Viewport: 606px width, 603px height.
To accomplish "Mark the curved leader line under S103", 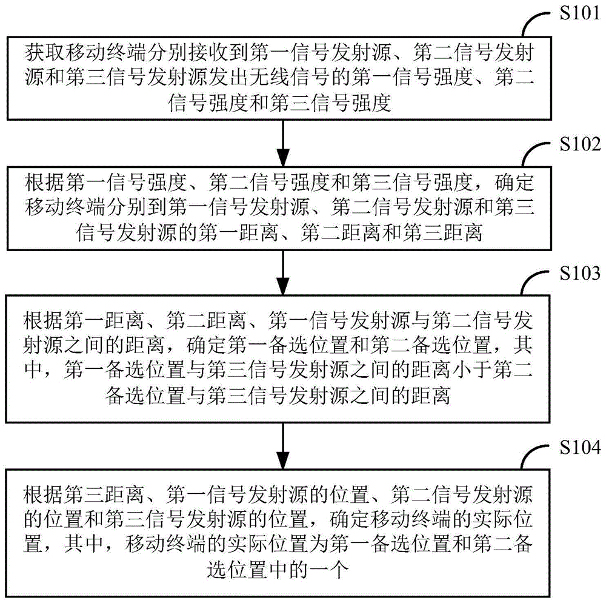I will point(534,285).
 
